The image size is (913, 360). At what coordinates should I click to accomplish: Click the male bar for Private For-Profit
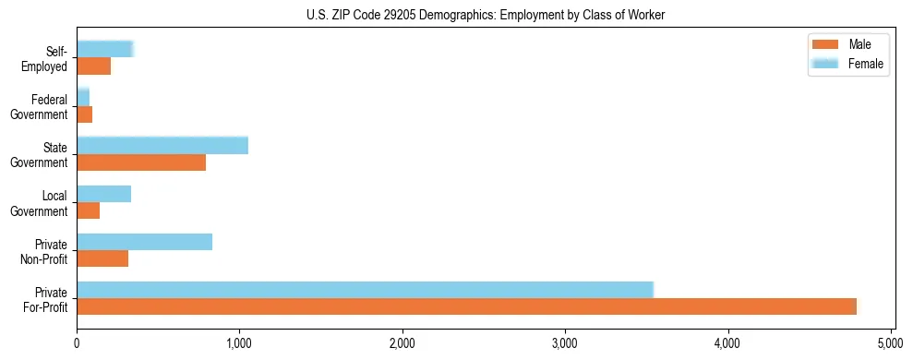[x=466, y=307]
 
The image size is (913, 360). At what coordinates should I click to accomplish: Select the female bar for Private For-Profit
[x=365, y=290]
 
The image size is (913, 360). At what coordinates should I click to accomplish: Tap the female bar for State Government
[x=162, y=145]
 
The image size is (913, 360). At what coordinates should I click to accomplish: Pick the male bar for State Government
[x=141, y=162]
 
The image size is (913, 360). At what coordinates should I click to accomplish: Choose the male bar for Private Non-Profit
[x=102, y=258]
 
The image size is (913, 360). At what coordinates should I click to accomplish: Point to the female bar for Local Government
[x=103, y=194]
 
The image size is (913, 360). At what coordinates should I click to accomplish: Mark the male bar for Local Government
[x=88, y=210]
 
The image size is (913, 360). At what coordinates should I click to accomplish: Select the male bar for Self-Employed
[x=93, y=66]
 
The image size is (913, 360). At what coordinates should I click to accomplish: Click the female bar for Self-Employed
[x=105, y=50]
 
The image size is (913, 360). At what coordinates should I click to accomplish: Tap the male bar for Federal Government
[x=84, y=114]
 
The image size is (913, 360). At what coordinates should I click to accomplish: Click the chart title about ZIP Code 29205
[x=486, y=15]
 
